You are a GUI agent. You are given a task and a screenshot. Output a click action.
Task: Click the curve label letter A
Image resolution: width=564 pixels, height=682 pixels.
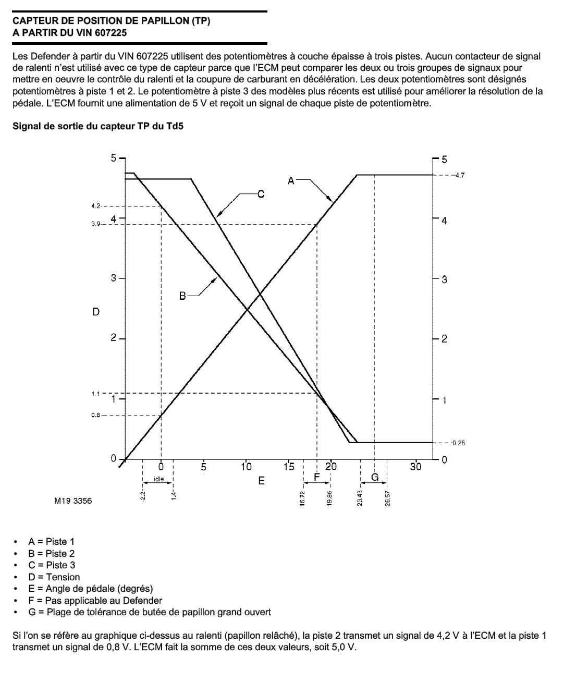[x=291, y=180]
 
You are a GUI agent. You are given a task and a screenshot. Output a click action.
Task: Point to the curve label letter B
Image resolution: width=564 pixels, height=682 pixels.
[x=182, y=296]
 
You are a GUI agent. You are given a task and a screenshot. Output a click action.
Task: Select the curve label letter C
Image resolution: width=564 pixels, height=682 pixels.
[x=261, y=194]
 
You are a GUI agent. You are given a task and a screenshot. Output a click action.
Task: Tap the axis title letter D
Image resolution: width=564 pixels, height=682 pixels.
[x=96, y=312]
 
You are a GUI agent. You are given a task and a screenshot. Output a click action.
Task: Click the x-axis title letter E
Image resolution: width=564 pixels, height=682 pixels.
[x=262, y=480]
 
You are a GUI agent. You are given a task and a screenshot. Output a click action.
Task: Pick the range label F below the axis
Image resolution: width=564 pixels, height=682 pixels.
[x=316, y=477]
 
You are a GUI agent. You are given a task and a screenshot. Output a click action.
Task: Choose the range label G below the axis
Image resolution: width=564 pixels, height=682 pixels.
[x=374, y=477]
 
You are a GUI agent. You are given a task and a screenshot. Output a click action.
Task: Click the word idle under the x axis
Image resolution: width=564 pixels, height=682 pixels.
[x=158, y=479]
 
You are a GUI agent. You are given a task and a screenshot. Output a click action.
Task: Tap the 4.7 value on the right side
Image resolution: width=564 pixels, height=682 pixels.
[x=459, y=175]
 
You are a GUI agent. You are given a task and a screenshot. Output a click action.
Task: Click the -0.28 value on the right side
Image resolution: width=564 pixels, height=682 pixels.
[x=457, y=443]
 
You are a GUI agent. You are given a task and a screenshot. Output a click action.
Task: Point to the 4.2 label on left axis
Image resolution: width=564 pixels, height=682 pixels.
[x=96, y=206]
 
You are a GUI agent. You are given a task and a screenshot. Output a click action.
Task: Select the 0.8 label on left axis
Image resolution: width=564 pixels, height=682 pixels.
[x=96, y=416]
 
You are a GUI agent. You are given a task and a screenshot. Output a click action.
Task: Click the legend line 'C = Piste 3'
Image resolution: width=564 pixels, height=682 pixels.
[x=52, y=565]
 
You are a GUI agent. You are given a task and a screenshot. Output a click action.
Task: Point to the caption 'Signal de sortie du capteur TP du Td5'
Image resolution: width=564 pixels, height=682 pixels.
[x=98, y=126]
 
